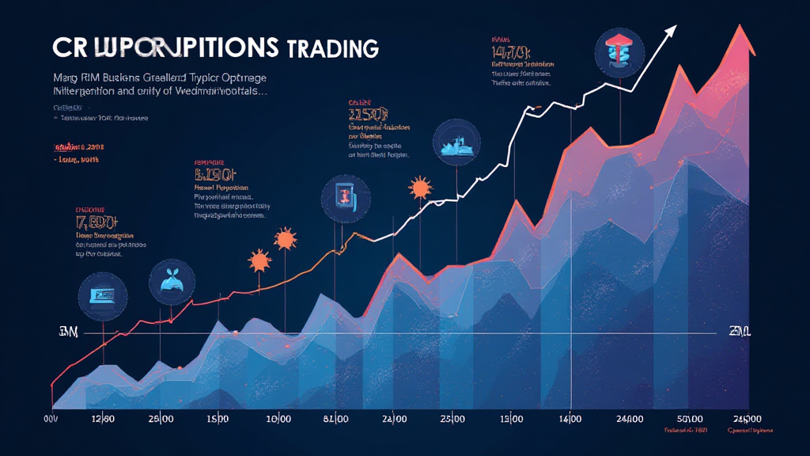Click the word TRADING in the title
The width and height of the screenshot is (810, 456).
click(333, 47)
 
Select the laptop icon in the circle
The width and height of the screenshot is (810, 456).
click(104, 296)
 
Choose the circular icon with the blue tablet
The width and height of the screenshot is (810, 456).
click(345, 198)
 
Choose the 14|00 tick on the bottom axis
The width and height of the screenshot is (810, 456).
click(570, 417)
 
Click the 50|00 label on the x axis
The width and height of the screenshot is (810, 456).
click(691, 417)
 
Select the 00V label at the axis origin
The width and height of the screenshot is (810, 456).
click(50, 417)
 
